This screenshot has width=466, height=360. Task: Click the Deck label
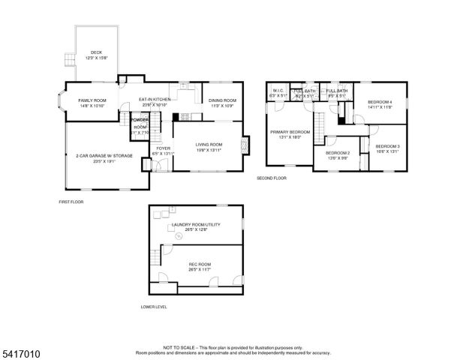click(x=97, y=52)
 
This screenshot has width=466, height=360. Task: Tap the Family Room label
click(x=92, y=100)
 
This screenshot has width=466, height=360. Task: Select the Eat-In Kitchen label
click(x=155, y=99)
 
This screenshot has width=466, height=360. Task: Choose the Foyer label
click(x=162, y=148)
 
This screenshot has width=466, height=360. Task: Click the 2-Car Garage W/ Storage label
click(x=98, y=156)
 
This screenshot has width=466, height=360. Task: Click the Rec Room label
click(x=199, y=264)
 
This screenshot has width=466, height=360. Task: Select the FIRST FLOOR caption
click(x=71, y=202)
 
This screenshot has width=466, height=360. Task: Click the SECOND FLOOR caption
click(x=272, y=178)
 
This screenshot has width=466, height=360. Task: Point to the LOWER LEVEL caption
click(x=154, y=307)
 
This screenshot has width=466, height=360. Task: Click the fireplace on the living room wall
click(x=242, y=145)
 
